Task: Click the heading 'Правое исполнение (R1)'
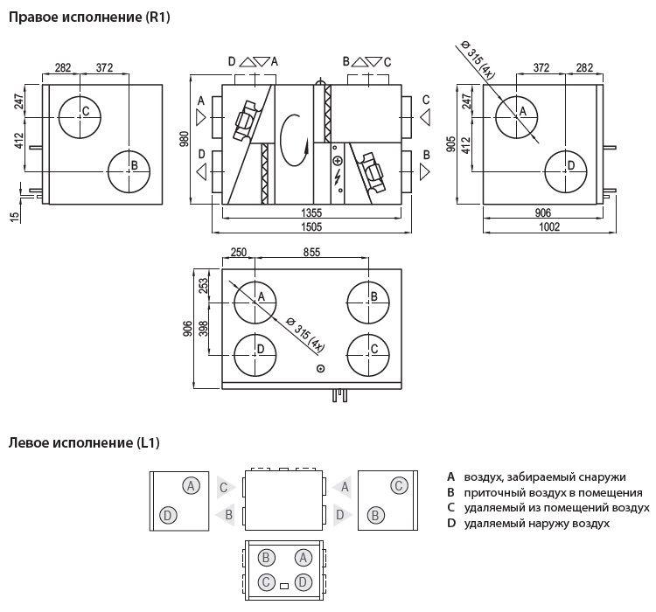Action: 89,17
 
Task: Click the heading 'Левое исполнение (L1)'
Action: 84,442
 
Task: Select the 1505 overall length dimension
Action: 311,226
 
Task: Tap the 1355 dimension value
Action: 311,212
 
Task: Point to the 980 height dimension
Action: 184,139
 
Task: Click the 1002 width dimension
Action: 549,226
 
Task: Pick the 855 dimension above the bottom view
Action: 311,252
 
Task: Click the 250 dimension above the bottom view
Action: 239,252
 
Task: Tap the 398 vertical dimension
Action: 203,329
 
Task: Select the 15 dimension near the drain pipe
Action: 15,216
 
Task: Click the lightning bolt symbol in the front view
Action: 338,177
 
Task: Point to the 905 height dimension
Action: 451,144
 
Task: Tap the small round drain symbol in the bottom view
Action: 321,369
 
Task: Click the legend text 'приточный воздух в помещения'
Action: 553,492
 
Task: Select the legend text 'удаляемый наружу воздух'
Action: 537,523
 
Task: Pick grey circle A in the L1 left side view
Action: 192,486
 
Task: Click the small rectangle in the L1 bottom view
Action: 284,586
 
